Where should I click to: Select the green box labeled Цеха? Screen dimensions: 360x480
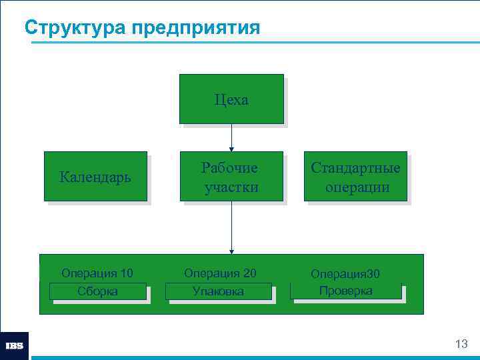(231, 99)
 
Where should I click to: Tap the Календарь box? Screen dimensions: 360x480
(95, 177)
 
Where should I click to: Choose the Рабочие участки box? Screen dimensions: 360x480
(231, 177)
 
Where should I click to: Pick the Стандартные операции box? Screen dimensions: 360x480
(356, 177)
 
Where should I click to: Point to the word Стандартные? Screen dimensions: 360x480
(356, 167)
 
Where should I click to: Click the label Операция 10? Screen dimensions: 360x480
(97, 273)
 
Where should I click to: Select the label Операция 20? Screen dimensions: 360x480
(220, 273)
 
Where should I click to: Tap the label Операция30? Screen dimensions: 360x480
(345, 274)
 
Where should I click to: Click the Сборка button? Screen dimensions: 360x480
(97, 291)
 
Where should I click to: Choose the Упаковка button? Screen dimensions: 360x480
(218, 291)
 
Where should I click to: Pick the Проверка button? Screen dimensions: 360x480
(345, 291)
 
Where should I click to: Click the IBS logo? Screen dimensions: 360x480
(14, 345)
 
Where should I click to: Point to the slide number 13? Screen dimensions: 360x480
(461, 344)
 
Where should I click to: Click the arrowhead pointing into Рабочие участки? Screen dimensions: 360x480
(231, 148)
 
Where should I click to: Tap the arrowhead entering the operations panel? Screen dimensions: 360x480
(231, 251)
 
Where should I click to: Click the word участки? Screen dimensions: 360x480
(231, 187)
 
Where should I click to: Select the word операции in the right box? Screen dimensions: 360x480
(357, 187)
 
